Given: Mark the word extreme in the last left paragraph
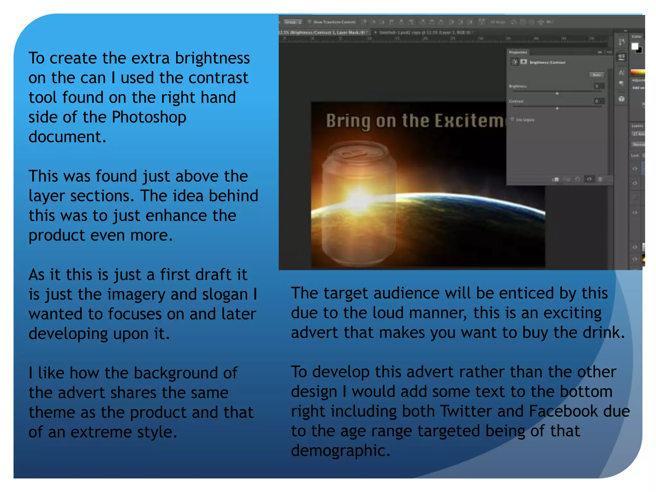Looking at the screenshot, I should (x=101, y=432).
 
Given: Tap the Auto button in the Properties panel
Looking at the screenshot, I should (x=596, y=75).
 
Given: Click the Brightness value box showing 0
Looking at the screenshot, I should (x=597, y=86).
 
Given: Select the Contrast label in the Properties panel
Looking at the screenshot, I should (x=516, y=101).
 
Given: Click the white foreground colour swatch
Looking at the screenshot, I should (x=635, y=46).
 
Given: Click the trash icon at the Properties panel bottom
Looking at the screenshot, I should (x=600, y=179).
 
